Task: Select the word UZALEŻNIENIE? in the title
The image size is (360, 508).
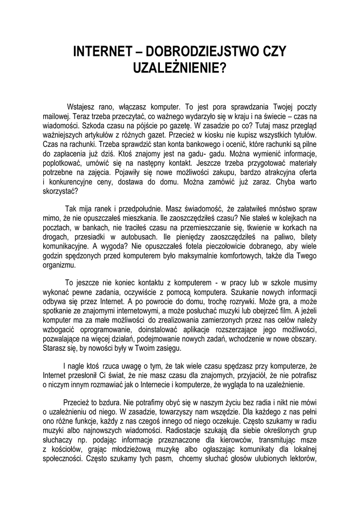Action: point(180,68)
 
